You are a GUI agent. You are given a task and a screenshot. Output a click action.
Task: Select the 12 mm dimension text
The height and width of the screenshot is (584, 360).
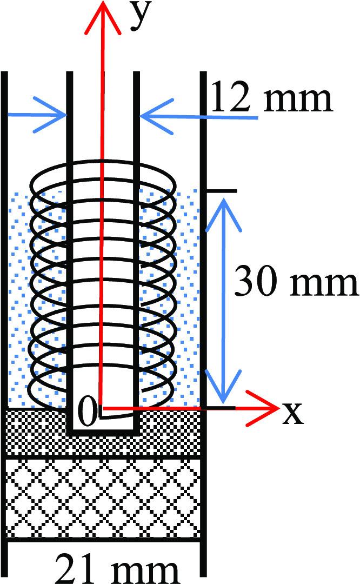tap(270, 98)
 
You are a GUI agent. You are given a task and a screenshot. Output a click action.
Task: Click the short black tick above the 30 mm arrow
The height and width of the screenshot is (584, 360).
tap(222, 191)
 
